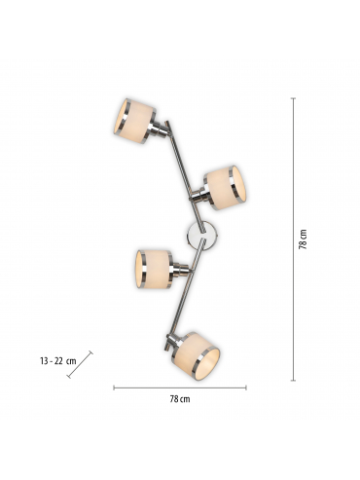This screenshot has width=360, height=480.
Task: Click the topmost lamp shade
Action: click(134, 120)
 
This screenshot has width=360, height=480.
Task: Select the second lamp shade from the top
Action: click(225, 188)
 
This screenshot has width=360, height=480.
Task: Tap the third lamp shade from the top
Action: click(153, 269)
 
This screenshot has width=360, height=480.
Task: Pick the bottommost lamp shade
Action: click(198, 355)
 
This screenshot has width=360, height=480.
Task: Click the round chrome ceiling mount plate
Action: click(201, 236)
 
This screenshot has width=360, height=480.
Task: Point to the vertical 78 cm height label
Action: click(303, 240)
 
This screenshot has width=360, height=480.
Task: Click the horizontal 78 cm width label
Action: click(180, 399)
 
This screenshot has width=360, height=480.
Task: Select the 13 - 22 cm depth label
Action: click(58, 361)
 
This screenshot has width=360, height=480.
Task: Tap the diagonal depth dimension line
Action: click(80, 364)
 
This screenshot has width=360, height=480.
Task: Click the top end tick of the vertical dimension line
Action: click(294, 97)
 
